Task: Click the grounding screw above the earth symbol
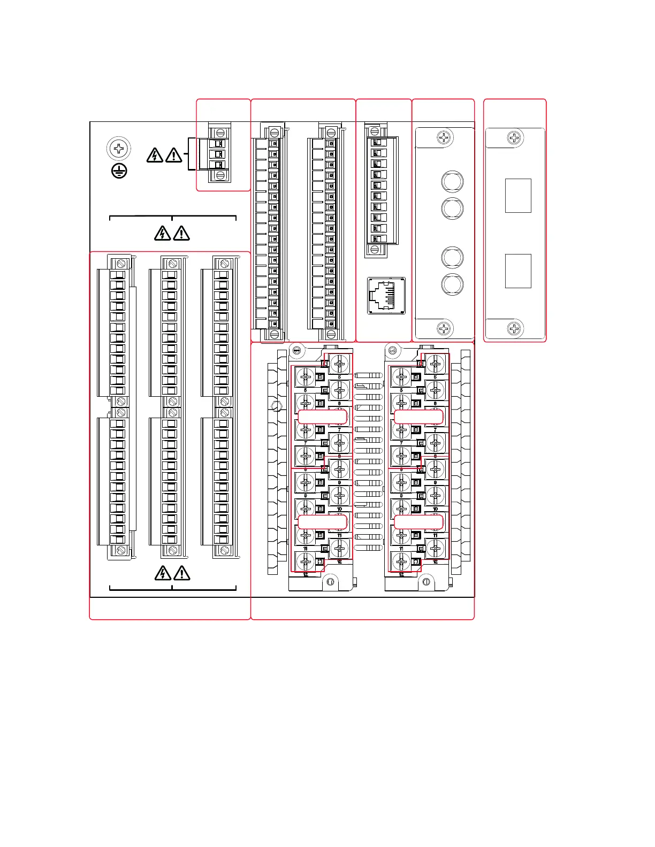click(x=119, y=148)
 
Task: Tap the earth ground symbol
click(x=119, y=171)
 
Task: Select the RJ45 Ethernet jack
click(x=386, y=295)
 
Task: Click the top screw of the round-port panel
click(x=444, y=137)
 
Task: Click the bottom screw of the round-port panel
click(x=444, y=329)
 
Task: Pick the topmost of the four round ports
click(x=452, y=181)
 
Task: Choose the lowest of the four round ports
click(x=452, y=283)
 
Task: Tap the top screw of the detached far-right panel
click(x=514, y=137)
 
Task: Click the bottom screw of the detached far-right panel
click(x=514, y=328)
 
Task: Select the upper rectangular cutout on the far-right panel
click(x=518, y=196)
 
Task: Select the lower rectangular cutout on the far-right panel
click(x=518, y=271)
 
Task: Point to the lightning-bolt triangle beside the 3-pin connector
click(x=155, y=156)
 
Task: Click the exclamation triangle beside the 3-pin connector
click(x=174, y=156)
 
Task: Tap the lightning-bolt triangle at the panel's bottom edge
click(x=162, y=573)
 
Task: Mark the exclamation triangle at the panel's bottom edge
click(x=182, y=573)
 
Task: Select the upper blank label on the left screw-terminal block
click(x=322, y=417)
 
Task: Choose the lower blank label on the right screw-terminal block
click(x=418, y=521)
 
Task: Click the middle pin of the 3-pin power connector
click(x=218, y=154)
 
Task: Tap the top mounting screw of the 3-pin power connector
click(x=220, y=133)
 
